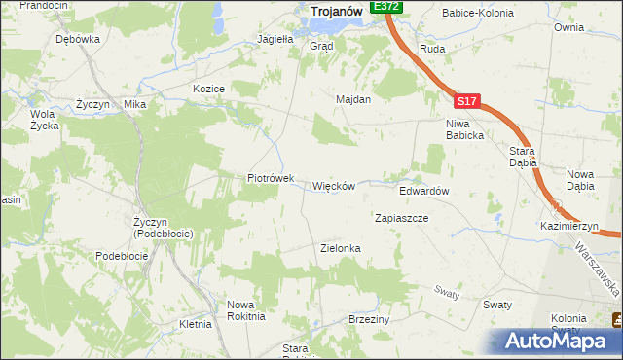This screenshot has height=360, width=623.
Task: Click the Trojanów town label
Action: tap(337, 11)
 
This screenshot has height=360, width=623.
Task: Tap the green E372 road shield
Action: tap(386, 6)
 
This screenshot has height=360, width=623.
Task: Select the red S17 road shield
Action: tap(465, 100)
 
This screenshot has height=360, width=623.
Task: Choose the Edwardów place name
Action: tap(423, 192)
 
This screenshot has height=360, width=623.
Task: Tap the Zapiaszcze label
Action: tap(402, 219)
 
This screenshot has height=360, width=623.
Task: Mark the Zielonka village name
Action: tap(341, 248)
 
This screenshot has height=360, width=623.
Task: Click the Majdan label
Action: tap(353, 99)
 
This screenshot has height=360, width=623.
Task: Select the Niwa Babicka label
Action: tap(464, 129)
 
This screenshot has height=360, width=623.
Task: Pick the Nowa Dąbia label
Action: tap(580, 179)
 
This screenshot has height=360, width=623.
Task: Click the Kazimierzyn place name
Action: tap(569, 226)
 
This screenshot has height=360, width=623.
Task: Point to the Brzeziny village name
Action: tap(369, 319)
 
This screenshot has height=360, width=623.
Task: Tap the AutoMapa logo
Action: tap(558, 342)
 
